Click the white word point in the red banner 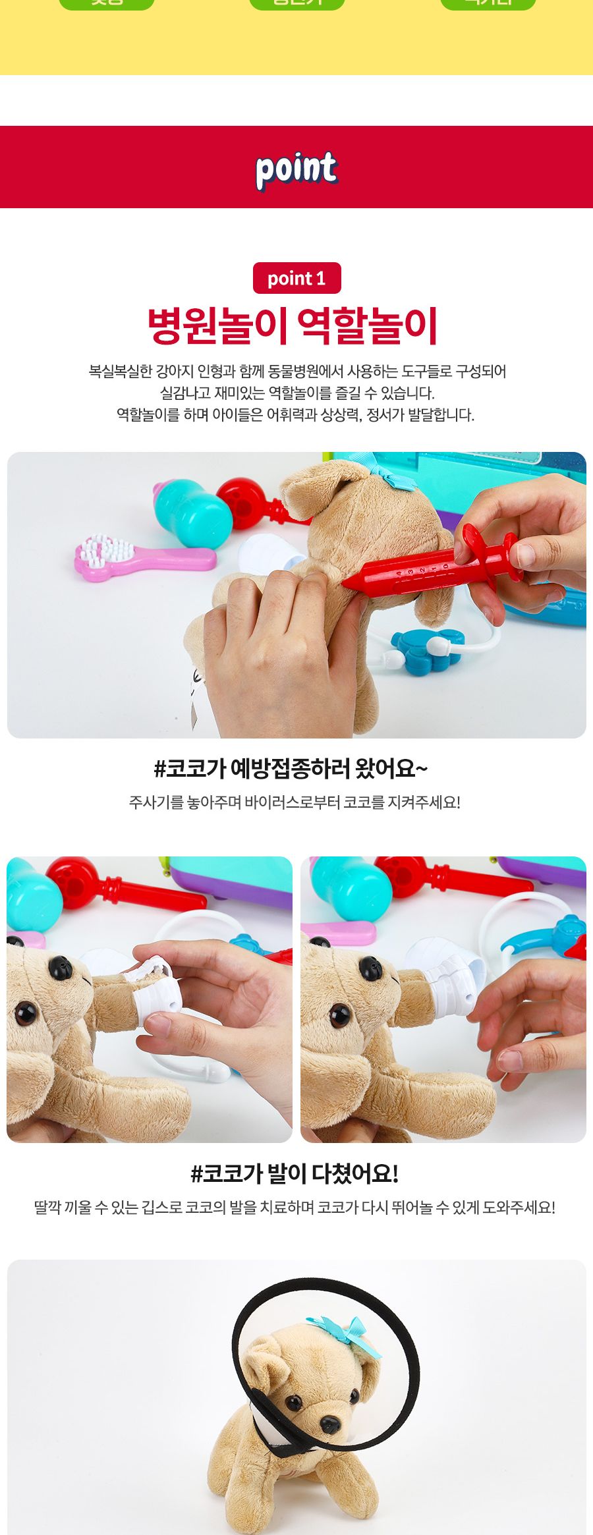(x=296, y=169)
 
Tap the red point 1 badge (x=296, y=278)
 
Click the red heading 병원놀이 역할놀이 (x=293, y=326)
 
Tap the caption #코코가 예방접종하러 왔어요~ (x=291, y=768)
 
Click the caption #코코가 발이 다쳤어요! (x=294, y=1173)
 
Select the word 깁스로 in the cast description (x=161, y=1208)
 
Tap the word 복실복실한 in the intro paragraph (x=121, y=372)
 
